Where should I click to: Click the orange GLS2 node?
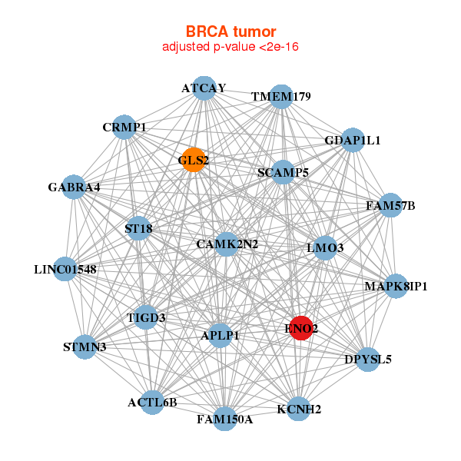(194, 160)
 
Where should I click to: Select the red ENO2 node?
(300, 328)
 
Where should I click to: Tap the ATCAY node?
(204, 88)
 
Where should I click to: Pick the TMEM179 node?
(282, 97)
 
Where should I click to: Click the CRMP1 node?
(124, 127)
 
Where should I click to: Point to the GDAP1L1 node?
(353, 140)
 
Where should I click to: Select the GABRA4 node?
(74, 187)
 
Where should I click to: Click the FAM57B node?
(390, 205)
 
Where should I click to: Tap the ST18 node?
(138, 228)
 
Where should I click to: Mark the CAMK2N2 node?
(227, 244)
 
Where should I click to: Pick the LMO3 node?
(325, 247)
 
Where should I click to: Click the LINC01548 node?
(65, 270)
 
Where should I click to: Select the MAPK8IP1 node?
(396, 287)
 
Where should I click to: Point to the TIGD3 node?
(147, 317)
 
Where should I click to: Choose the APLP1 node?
(221, 336)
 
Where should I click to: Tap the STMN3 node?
(85, 347)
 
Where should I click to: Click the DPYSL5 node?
(368, 359)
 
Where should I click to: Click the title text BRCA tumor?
(230, 32)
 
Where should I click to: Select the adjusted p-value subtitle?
(230, 47)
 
